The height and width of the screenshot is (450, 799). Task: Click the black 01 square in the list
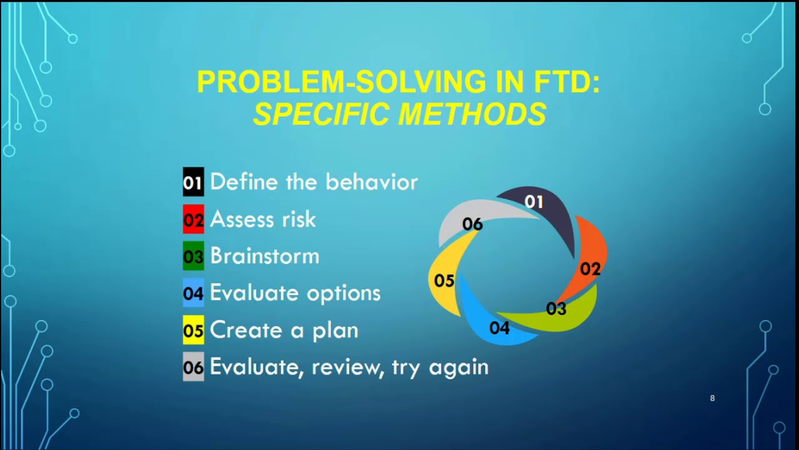pyautogui.click(x=194, y=182)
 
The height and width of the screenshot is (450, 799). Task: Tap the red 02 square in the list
pyautogui.click(x=194, y=219)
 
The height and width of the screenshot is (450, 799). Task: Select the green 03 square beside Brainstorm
pyautogui.click(x=194, y=256)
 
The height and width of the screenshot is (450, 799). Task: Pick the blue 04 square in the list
pyautogui.click(x=194, y=293)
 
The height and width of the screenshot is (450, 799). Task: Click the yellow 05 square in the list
pyautogui.click(x=194, y=329)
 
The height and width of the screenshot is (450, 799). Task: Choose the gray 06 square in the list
pyautogui.click(x=194, y=366)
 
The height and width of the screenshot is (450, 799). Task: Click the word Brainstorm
pyautogui.click(x=265, y=256)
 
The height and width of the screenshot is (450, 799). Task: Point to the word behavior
pyautogui.click(x=371, y=182)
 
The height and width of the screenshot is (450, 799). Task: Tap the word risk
pyautogui.click(x=299, y=219)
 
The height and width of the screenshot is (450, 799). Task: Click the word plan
pyautogui.click(x=336, y=331)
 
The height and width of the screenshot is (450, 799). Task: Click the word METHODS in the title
pyautogui.click(x=471, y=114)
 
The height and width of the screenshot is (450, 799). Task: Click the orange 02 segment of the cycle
pyautogui.click(x=591, y=250)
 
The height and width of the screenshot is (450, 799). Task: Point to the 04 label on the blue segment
pyautogui.click(x=499, y=328)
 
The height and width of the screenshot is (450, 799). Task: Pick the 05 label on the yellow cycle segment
pyautogui.click(x=444, y=281)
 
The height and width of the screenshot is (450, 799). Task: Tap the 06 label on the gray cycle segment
pyautogui.click(x=473, y=224)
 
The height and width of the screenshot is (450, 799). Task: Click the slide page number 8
pyautogui.click(x=712, y=398)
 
